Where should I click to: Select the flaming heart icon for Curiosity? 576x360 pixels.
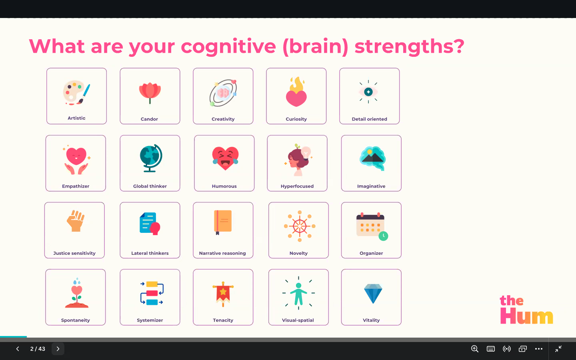(296, 92)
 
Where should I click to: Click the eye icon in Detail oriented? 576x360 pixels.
(368, 92)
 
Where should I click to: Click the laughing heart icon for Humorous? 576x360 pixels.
(225, 158)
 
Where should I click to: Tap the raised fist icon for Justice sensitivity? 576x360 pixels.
(75, 221)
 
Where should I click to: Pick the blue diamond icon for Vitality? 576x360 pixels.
(373, 294)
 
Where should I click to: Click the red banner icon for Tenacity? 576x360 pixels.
(223, 294)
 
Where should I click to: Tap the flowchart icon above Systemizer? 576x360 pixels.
(152, 293)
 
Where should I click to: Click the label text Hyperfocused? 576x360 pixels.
(297, 186)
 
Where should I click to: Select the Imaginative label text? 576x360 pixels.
(371, 186)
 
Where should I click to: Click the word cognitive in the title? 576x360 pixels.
(228, 47)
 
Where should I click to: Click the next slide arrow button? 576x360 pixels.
(58, 349)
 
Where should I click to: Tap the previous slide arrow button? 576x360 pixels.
(18, 349)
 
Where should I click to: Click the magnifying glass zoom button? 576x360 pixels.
(475, 349)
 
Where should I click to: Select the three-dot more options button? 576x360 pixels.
(539, 349)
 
